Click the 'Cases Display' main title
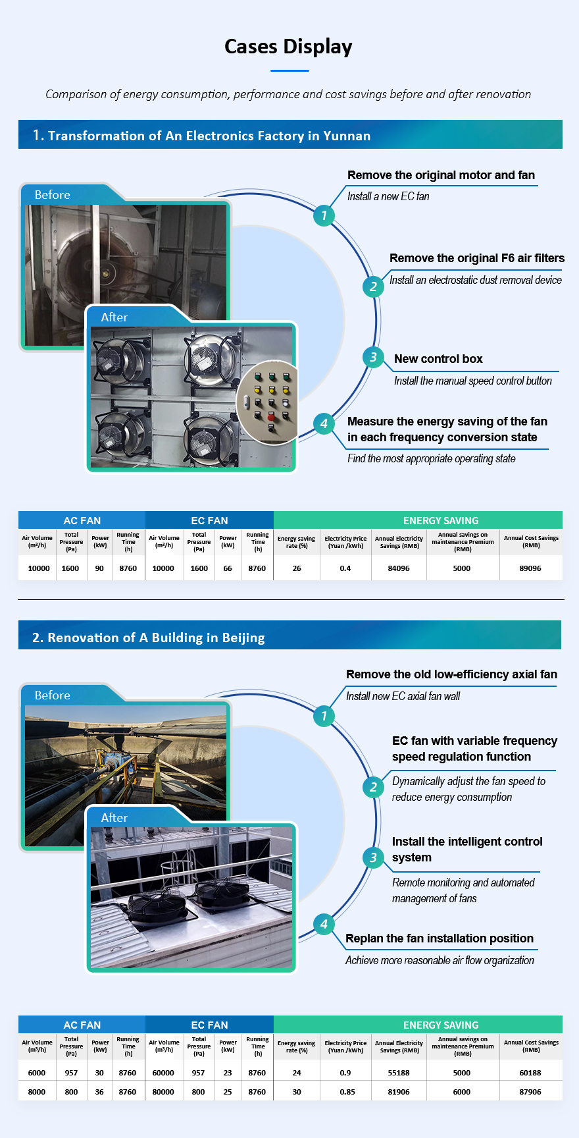[288, 46]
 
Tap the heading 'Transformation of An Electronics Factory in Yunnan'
[209, 136]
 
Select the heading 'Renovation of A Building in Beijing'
[156, 637]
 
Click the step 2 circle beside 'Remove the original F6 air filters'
[373, 286]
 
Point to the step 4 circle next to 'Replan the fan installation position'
[323, 924]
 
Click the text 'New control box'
[438, 359]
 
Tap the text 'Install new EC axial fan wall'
[403, 696]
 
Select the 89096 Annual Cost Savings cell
[530, 568]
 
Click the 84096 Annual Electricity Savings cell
[399, 568]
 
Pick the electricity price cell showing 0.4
[345, 568]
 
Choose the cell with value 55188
[399, 1073]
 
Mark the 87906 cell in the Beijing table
[530, 1092]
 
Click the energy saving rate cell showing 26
[297, 568]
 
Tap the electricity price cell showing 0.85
[347, 1092]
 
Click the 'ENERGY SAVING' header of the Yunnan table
[441, 520]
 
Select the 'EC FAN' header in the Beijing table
[209, 1025]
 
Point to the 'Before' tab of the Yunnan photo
[53, 195]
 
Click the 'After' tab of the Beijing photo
[114, 818]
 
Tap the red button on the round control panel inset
[270, 417]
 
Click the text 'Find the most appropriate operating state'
[432, 458]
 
